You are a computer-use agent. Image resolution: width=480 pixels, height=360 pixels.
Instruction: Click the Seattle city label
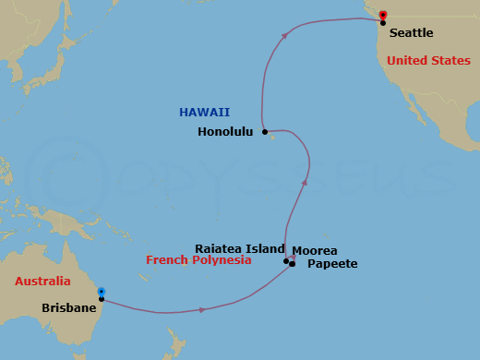tap(411, 32)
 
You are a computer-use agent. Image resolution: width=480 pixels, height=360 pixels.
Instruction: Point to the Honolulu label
tap(225, 131)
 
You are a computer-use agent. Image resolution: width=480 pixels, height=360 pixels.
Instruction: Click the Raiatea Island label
tap(238, 248)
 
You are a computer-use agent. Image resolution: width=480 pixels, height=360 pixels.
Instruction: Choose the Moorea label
tap(314, 250)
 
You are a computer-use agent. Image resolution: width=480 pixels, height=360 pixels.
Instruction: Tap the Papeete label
tap(333, 264)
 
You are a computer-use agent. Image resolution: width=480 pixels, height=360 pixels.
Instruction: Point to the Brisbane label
tap(69, 307)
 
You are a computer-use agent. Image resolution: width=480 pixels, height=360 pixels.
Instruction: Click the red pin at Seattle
tap(382, 15)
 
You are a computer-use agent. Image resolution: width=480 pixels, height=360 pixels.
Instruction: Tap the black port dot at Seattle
tap(383, 22)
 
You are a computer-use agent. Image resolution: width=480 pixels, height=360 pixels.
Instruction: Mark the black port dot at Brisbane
tap(102, 299)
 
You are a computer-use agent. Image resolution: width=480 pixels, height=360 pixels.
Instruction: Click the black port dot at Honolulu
tap(264, 132)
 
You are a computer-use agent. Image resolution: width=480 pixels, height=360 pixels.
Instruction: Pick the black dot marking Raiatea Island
tap(286, 261)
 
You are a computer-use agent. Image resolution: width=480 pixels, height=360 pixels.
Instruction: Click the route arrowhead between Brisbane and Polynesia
tap(201, 309)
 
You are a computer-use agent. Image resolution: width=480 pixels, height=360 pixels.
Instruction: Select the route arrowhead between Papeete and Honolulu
tap(304, 183)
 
